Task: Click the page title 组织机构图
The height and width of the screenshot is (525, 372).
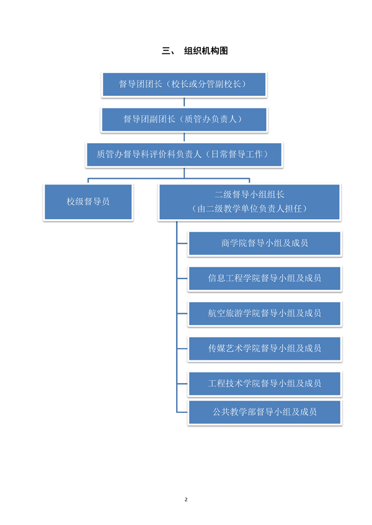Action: tap(206, 51)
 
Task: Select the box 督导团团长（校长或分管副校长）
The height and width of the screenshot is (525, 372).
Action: tap(184, 84)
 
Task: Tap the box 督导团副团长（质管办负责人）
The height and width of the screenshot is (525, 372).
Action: tap(184, 119)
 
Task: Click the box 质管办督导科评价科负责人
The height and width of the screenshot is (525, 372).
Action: tap(184, 154)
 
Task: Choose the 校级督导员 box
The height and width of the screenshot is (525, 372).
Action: tap(88, 201)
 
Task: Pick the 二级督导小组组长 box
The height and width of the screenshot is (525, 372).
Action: tap(249, 201)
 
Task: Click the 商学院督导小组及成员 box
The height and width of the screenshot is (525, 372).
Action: tap(265, 243)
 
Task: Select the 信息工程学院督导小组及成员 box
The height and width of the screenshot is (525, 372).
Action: tap(265, 278)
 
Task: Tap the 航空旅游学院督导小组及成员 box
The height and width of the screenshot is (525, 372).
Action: tap(265, 313)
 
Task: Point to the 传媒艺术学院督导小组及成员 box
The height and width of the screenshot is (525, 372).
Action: tap(265, 349)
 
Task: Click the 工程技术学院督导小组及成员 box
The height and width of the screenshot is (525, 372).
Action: tap(265, 383)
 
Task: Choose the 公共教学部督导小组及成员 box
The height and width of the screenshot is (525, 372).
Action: tap(265, 412)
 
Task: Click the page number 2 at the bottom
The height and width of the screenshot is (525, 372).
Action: tap(186, 500)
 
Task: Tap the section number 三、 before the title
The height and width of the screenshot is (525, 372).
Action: tap(168, 51)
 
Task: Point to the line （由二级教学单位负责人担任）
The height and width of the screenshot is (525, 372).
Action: tap(249, 209)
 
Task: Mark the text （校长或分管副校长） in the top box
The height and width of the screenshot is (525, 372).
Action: tap(208, 84)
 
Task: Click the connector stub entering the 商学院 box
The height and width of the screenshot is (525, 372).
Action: tap(182, 244)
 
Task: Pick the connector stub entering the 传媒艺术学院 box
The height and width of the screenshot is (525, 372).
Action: tap(182, 349)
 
